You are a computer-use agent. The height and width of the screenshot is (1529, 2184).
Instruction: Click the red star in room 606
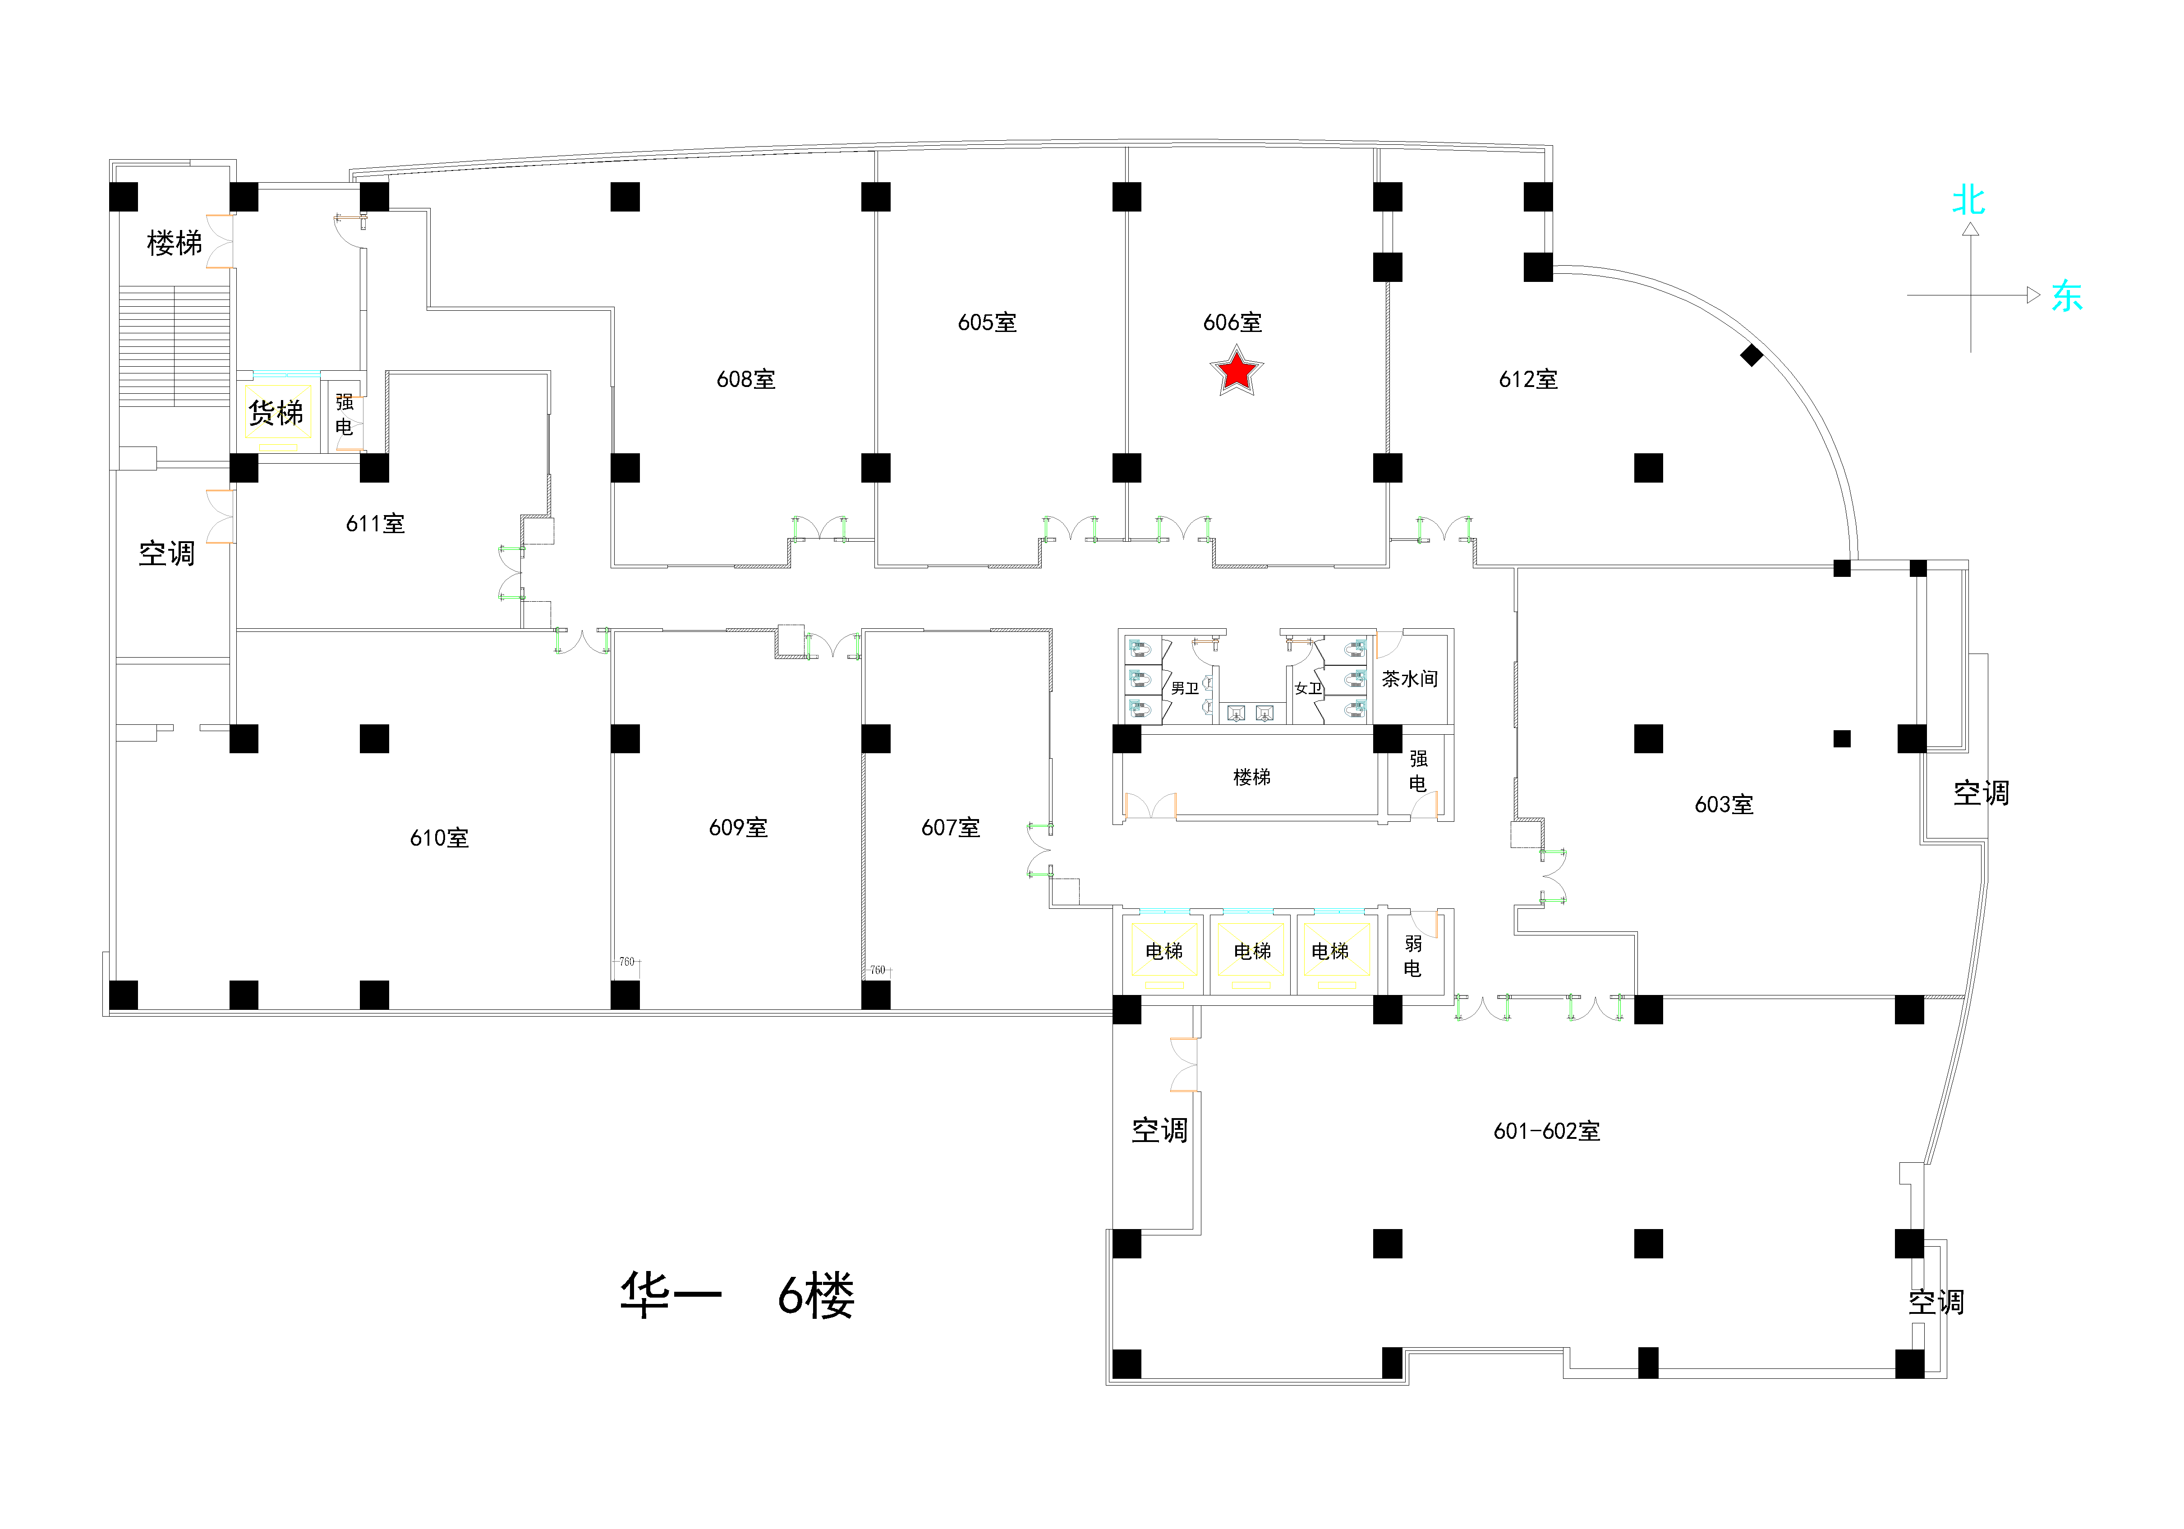click(x=1236, y=371)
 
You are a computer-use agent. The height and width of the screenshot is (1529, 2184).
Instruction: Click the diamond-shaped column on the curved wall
click(x=1751, y=355)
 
